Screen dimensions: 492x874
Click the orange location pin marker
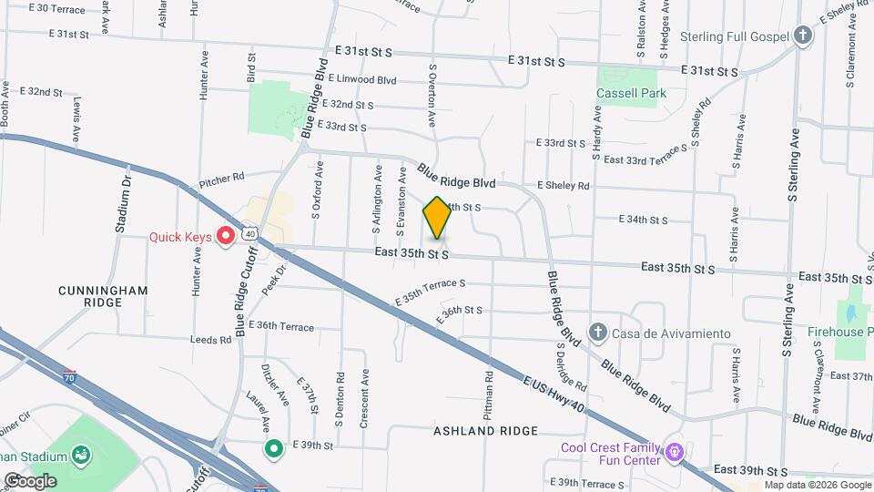coord(437,219)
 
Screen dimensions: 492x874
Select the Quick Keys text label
coord(180,238)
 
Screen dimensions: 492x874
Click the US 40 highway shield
coord(250,234)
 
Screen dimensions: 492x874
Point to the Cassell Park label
coord(631,93)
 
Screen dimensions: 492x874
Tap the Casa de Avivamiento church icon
coord(597,331)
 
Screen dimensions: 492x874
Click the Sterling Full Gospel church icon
coord(802,36)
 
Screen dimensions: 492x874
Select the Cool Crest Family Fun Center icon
coord(674,451)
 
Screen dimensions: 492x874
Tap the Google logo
coord(31,480)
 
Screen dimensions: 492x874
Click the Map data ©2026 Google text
coord(817,486)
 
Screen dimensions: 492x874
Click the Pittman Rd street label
coord(489,388)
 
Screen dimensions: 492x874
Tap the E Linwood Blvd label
coord(362,80)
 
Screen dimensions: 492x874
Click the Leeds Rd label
coord(211,340)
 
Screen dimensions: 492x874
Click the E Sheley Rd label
coord(563,186)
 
